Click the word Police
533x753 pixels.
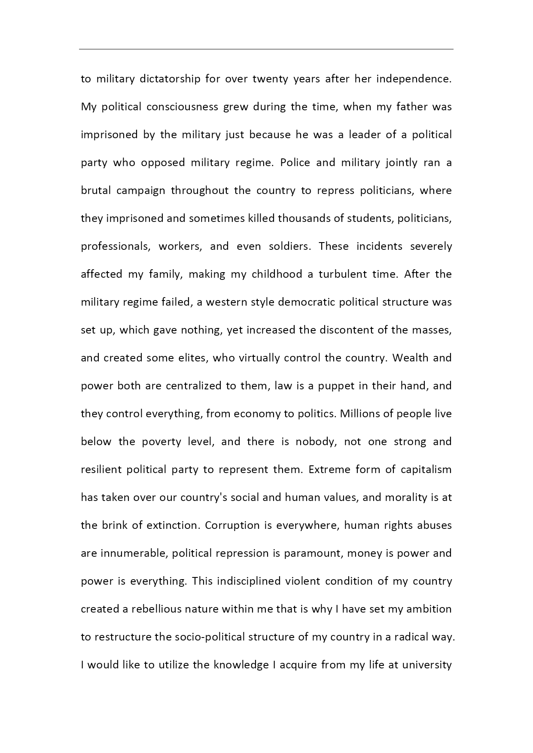(x=295, y=163)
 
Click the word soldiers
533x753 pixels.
(x=289, y=246)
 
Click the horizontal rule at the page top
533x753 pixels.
(x=266, y=49)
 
